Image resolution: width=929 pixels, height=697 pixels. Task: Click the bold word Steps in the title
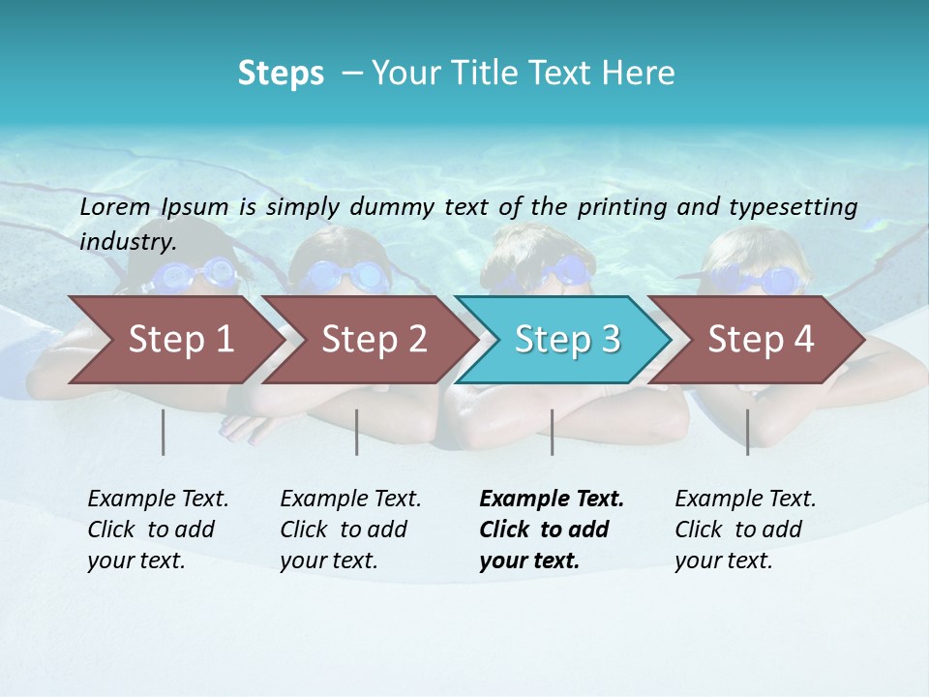point(281,74)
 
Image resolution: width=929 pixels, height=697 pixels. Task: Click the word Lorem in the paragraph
point(115,206)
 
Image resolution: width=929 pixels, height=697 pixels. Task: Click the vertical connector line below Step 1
point(164,432)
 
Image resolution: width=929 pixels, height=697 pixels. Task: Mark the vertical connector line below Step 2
point(357,432)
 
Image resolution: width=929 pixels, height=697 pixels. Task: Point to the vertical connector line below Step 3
point(552,432)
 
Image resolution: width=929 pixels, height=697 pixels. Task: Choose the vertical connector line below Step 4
point(748,432)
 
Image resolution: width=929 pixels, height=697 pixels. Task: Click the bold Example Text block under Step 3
point(552,530)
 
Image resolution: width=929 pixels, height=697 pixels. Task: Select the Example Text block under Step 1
point(158,530)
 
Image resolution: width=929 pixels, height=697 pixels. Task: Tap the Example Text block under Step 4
point(745,530)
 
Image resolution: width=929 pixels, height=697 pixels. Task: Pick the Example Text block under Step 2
point(350,530)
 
